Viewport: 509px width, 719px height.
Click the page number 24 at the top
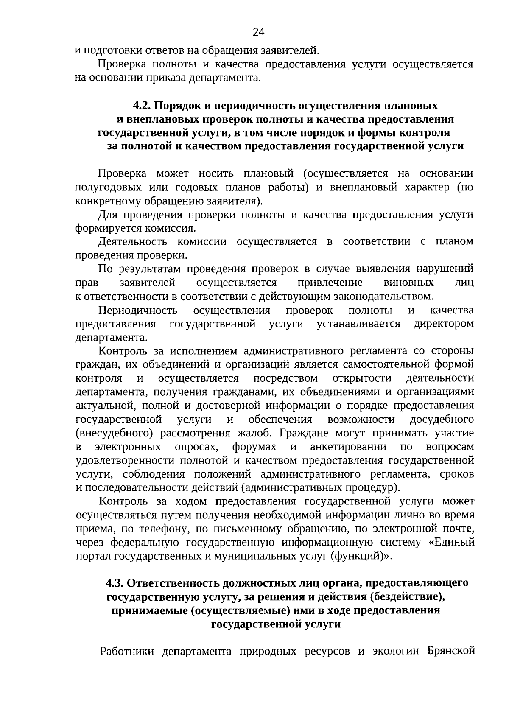coord(258,32)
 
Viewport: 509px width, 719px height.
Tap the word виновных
coord(408,283)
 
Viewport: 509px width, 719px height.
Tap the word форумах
coord(254,447)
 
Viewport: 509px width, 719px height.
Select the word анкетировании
coord(348,447)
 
